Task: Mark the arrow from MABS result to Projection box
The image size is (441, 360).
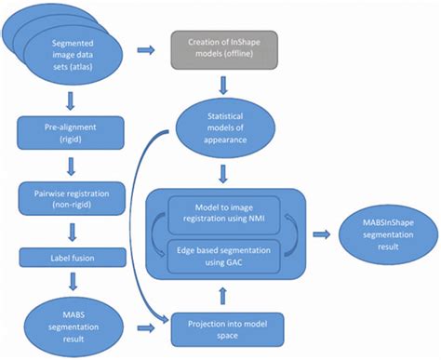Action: click(x=147, y=327)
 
